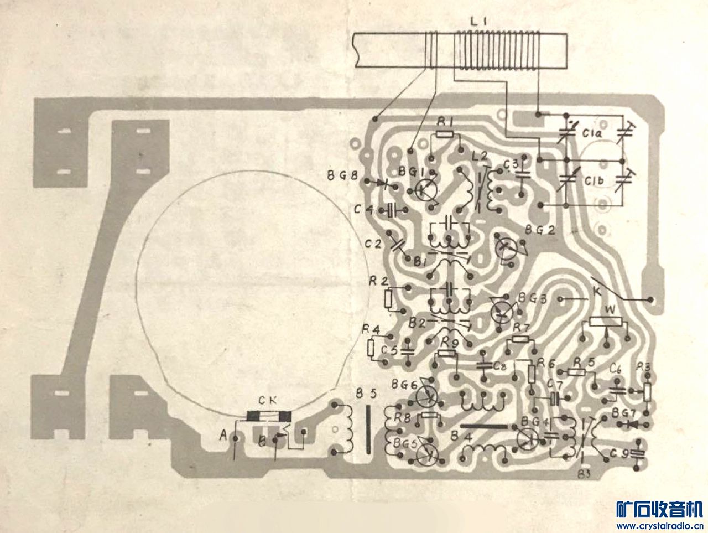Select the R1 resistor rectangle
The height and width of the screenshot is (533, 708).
[445, 134]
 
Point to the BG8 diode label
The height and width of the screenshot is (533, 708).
[342, 177]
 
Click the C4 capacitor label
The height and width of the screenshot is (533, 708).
[364, 209]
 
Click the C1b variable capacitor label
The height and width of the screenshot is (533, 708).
[595, 181]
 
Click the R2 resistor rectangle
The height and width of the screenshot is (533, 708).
[388, 299]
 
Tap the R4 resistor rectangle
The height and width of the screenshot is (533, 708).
[372, 347]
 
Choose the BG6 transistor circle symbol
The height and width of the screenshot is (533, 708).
[426, 394]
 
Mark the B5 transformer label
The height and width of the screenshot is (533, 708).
[366, 394]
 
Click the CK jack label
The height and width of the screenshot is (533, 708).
[269, 400]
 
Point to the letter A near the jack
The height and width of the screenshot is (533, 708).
[223, 437]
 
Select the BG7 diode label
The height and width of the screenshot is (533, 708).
[623, 413]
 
